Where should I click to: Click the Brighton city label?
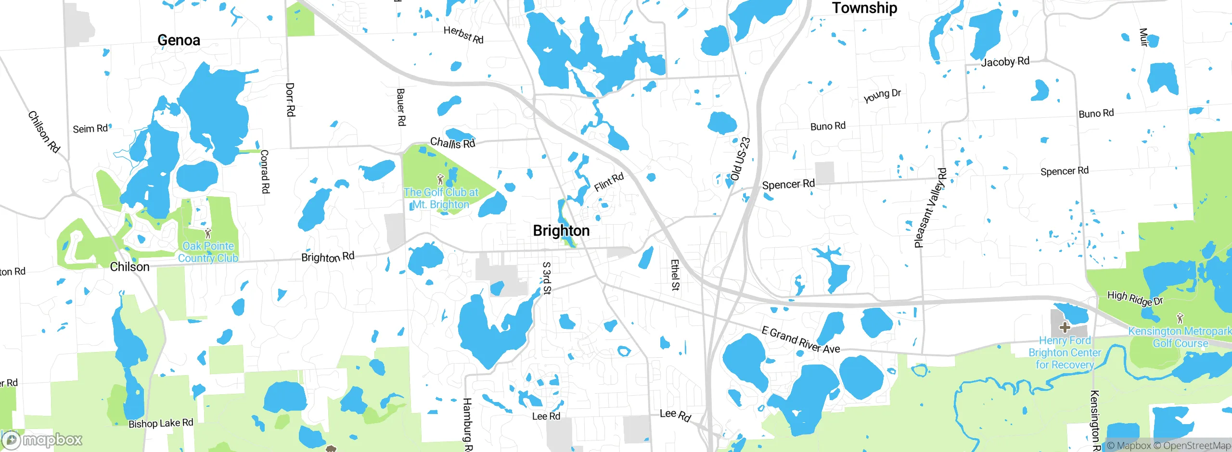[561, 231]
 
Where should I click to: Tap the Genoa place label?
[179, 40]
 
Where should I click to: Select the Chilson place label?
[129, 267]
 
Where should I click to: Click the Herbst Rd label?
[463, 35]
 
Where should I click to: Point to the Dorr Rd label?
[290, 100]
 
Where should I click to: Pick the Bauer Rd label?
[401, 107]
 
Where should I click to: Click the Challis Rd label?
[452, 143]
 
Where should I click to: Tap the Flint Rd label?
[609, 182]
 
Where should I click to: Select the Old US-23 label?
[740, 159]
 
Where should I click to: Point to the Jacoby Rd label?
[1005, 62]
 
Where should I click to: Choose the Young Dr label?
[882, 96]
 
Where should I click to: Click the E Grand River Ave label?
[801, 339]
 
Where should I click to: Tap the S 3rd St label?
[547, 278]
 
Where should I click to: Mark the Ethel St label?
[675, 275]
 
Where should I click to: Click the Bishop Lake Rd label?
[161, 423]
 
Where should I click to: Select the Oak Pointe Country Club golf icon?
[208, 234]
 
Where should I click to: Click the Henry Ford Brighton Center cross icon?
[1065, 328]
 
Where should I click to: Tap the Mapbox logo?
[42, 439]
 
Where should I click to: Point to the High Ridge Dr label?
[1135, 298]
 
